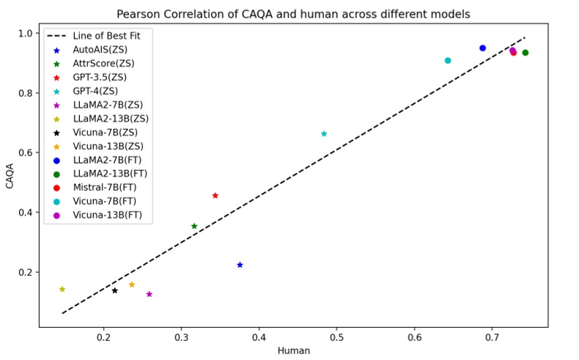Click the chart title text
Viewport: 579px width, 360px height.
pyautogui.click(x=293, y=14)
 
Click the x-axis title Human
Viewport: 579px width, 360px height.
pyautogui.click(x=293, y=350)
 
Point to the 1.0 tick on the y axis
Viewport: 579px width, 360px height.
pyautogui.click(x=26, y=33)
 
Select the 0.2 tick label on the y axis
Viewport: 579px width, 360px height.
pyautogui.click(x=26, y=272)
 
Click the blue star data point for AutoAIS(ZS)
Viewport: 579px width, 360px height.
pyautogui.click(x=240, y=265)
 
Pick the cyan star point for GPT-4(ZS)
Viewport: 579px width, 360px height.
pyautogui.click(x=324, y=133)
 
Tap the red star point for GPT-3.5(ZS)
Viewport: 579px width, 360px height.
pyautogui.click(x=215, y=196)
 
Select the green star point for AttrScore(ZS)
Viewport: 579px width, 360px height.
pyautogui.click(x=194, y=227)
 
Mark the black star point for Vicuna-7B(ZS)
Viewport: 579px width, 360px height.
pyautogui.click(x=115, y=290)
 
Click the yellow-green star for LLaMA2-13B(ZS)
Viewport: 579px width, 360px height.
pyautogui.click(x=62, y=289)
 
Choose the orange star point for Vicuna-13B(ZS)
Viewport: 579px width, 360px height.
pyautogui.click(x=132, y=284)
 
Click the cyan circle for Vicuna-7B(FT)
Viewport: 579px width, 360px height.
pyautogui.click(x=448, y=61)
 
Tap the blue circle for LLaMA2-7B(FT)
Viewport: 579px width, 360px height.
pyautogui.click(x=482, y=48)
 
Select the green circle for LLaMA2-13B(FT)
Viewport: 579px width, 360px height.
pyautogui.click(x=525, y=53)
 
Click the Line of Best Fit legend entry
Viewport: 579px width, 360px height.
pyautogui.click(x=95, y=35)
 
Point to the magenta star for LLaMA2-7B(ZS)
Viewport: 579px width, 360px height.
pyautogui.click(x=150, y=294)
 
